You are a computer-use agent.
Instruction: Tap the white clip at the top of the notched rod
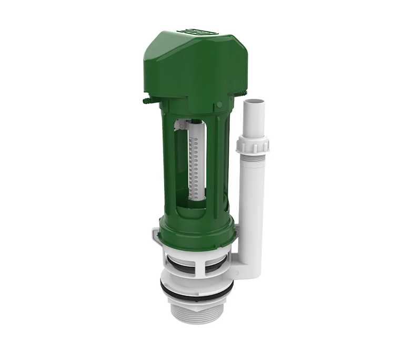pyautogui.click(x=181, y=125)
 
